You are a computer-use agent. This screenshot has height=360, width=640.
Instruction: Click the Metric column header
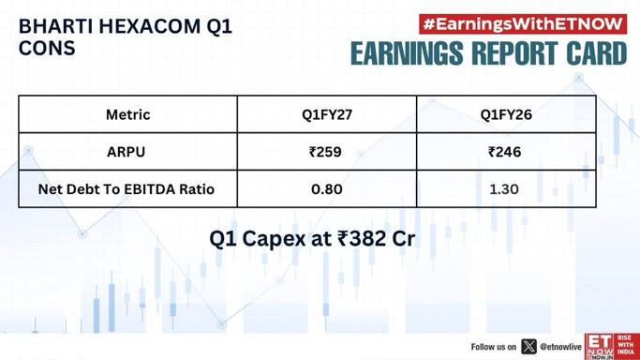(x=127, y=114)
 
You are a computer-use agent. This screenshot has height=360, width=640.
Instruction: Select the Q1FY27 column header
(x=327, y=114)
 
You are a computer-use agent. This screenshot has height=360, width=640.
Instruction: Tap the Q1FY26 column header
(x=506, y=114)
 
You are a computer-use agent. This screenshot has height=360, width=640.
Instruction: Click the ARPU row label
(x=127, y=152)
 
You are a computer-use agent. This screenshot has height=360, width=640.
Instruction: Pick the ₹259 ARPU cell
(x=325, y=152)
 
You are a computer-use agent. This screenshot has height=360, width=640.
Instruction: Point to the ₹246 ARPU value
(x=505, y=152)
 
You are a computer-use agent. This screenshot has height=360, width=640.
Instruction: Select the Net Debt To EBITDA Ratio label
(x=127, y=189)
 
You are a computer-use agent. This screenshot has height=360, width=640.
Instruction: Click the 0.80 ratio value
(x=326, y=189)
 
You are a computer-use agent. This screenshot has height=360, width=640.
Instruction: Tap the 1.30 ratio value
(x=504, y=189)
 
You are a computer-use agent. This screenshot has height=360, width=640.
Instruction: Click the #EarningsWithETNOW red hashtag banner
(x=523, y=24)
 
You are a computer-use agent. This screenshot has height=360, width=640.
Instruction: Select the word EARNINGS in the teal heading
(x=407, y=53)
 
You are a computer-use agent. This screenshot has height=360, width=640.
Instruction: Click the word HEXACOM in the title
(x=149, y=27)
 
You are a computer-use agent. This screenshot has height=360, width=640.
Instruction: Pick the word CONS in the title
(x=47, y=48)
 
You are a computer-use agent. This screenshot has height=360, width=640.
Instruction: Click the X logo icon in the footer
(x=529, y=347)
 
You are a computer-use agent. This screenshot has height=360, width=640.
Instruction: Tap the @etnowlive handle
(x=560, y=347)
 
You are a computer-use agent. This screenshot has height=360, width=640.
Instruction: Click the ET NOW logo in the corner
(x=612, y=346)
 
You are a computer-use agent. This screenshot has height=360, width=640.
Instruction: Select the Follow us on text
(x=494, y=347)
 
